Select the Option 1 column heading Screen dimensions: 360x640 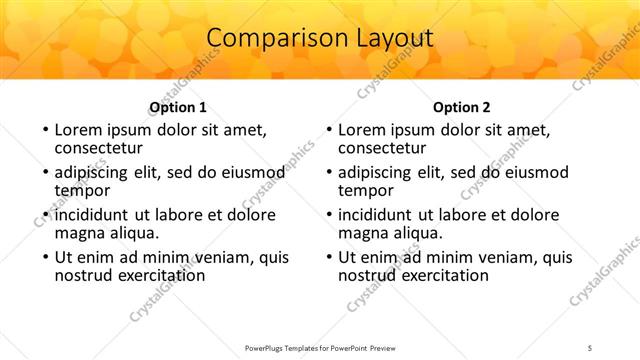[x=178, y=107]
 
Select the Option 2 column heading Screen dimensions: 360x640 [x=461, y=107]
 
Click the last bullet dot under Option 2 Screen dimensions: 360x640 [x=328, y=257]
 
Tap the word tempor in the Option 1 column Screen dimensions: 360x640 [x=82, y=190]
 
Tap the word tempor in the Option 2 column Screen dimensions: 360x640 [x=366, y=190]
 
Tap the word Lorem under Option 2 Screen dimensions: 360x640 [x=361, y=130]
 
